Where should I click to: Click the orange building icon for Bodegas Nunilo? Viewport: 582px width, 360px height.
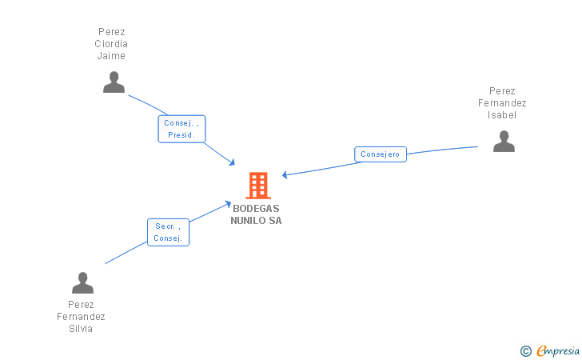258,186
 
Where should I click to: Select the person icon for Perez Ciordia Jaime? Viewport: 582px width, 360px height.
114,82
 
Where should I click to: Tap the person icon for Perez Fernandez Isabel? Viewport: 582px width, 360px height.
504,141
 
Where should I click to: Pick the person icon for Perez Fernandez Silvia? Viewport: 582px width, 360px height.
83,282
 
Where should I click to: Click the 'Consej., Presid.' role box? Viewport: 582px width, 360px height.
182,129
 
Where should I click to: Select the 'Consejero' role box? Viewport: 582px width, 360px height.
381,154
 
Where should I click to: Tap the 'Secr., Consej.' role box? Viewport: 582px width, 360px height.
168,232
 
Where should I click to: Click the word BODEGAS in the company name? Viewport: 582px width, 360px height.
256,209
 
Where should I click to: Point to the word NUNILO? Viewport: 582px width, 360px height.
249,221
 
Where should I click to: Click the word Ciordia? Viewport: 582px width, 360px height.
111,44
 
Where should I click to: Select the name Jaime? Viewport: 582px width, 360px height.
111,56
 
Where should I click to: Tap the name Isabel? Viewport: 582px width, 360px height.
502,114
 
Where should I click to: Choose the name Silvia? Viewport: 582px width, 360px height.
81,329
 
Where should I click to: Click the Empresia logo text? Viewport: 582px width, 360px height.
558,350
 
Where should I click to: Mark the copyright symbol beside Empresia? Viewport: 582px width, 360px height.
525,351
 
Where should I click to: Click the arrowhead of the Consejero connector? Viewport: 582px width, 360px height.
285,174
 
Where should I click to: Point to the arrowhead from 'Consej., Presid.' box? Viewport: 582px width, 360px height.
233,162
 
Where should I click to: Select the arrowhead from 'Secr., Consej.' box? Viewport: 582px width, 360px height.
228,204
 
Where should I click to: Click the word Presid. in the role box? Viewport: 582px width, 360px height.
181,135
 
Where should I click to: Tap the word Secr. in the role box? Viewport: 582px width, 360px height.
165,226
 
